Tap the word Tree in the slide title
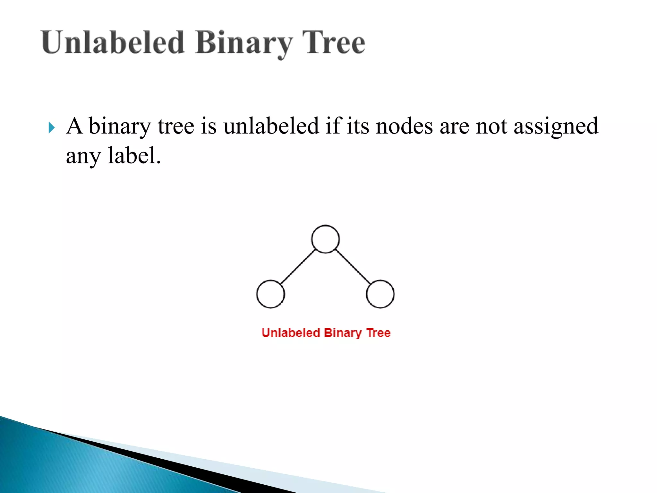click(x=334, y=43)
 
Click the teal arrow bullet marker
click(x=52, y=128)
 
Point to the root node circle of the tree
click(x=325, y=239)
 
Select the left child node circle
click(x=270, y=294)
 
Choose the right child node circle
click(x=380, y=294)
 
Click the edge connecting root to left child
click(x=298, y=267)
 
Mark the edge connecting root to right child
click(x=353, y=267)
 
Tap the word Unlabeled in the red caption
click(x=291, y=333)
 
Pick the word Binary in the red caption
click(x=343, y=333)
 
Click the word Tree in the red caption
click(x=379, y=333)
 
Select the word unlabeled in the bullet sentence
click(x=271, y=126)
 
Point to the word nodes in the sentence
click(x=404, y=126)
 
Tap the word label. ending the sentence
click(x=134, y=156)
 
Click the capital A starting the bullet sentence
click(x=74, y=125)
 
